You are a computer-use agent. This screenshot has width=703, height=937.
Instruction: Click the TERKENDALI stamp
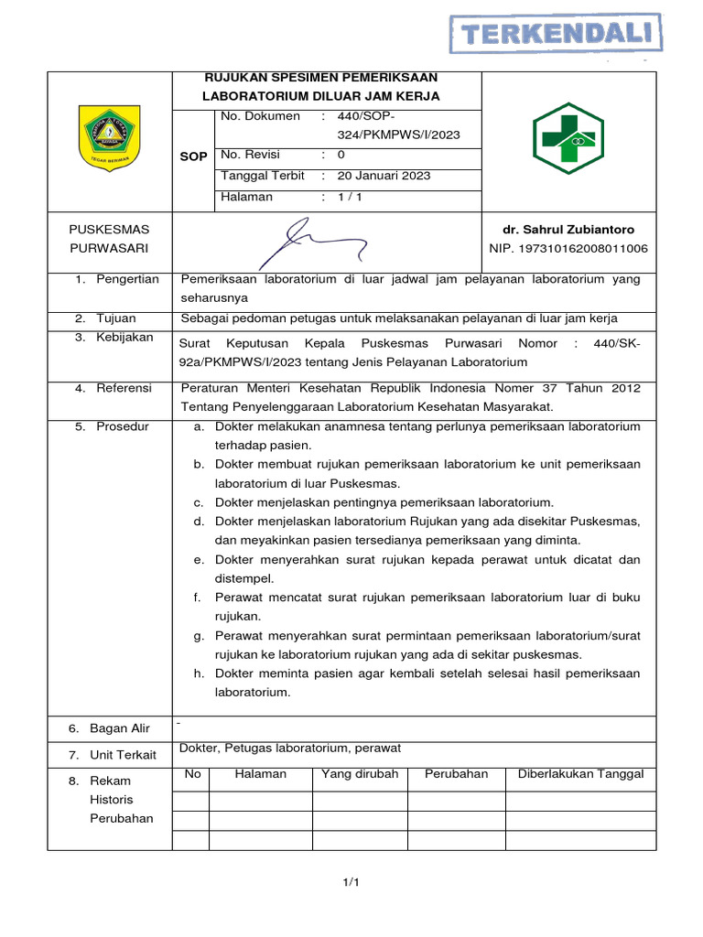(557, 35)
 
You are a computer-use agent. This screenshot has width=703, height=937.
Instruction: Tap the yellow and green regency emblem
(110, 138)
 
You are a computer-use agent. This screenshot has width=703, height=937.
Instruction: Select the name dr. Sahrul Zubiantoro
(574, 230)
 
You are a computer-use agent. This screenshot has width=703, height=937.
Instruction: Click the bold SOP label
(193, 156)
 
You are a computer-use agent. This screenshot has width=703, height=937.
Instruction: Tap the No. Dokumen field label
(260, 116)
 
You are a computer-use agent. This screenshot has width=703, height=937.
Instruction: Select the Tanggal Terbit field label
(262, 176)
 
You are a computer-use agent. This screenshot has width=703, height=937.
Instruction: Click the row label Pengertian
(127, 279)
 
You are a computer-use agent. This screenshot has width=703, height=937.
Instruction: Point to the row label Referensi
(124, 388)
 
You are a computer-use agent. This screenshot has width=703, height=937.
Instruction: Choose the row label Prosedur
(123, 426)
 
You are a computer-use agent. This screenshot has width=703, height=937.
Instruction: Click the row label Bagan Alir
(119, 728)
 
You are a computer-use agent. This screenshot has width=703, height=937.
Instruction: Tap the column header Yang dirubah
(360, 774)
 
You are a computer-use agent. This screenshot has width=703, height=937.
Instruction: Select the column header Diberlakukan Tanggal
(580, 774)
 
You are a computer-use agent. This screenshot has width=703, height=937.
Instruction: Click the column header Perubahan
(456, 774)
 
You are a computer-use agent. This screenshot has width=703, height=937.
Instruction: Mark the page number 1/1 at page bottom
(351, 882)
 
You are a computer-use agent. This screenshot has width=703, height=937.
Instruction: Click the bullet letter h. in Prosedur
(198, 673)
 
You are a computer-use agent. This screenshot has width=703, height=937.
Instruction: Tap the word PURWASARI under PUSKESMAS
(109, 249)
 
